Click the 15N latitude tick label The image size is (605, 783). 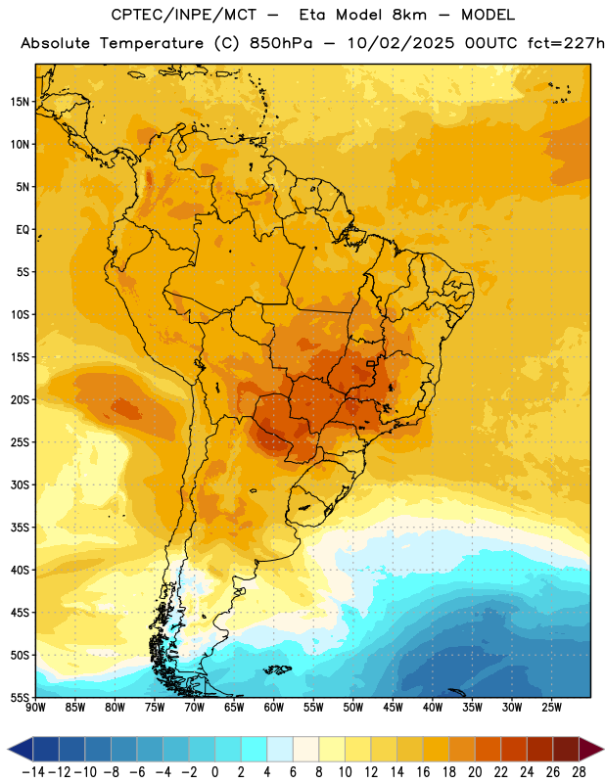20,102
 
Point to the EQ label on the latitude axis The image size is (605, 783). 23,230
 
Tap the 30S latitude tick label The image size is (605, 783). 20,484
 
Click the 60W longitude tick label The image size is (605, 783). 274,708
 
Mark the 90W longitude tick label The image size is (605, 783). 36,708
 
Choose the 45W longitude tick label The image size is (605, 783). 393,708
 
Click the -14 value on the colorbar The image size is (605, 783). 33,772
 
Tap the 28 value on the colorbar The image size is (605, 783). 579,772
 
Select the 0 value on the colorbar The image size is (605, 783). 214,772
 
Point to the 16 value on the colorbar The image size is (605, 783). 423,772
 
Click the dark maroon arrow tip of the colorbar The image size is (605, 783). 591,749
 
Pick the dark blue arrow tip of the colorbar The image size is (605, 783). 21,749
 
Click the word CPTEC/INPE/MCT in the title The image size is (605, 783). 184,15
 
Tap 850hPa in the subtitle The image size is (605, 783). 281,43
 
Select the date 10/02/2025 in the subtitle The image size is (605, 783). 400,43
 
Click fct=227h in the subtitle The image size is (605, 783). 566,43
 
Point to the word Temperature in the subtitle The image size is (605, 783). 152,43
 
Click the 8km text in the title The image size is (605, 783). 409,15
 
